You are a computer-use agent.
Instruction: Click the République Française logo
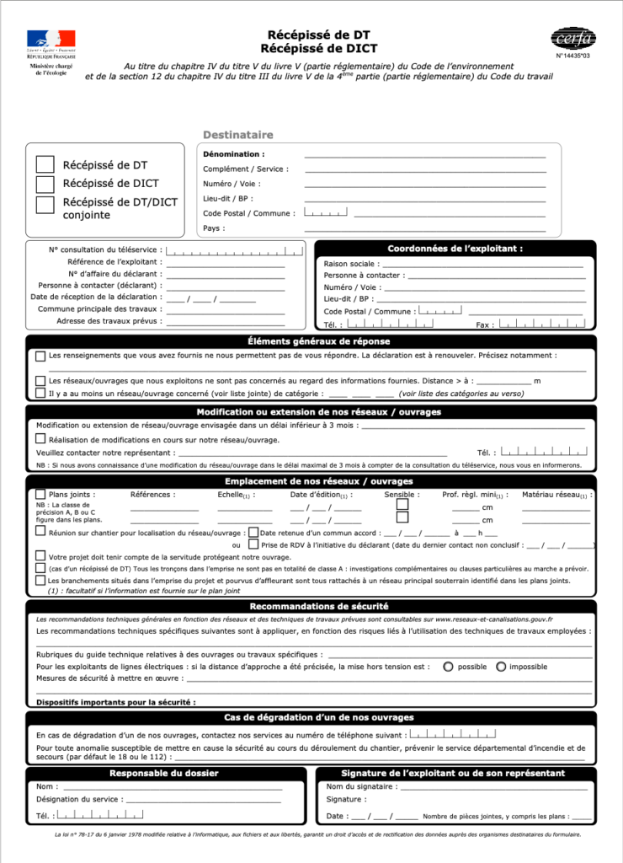tap(51, 52)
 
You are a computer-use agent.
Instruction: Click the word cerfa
tap(573, 40)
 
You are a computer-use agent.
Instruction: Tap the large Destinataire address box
tap(379, 190)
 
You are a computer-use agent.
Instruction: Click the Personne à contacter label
tap(364, 276)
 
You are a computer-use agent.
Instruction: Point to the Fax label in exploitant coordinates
tap(483, 324)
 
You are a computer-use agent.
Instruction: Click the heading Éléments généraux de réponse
tap(318, 341)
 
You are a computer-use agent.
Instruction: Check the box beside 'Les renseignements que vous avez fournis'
tap(40, 356)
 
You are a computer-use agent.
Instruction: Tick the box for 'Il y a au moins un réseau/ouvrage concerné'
tap(40, 393)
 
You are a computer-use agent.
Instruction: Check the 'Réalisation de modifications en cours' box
tap(40, 439)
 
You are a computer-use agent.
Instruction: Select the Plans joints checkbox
tap(40, 495)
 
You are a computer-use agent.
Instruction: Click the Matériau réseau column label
tap(556, 495)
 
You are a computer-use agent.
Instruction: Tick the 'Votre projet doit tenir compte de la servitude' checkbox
tap(40, 556)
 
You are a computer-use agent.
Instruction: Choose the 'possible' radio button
tap(448, 667)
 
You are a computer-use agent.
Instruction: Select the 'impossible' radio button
tap(501, 667)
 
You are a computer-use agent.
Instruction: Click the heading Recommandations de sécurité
tap(318, 606)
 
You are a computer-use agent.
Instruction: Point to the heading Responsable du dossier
tap(164, 773)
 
